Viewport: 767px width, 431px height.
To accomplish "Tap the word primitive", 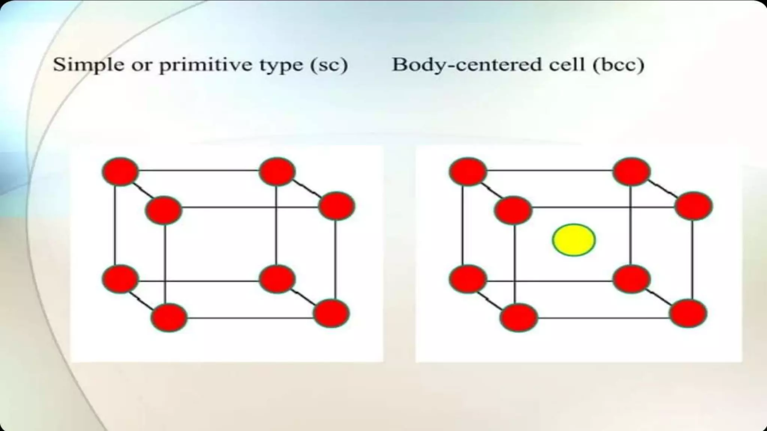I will pyautogui.click(x=206, y=65).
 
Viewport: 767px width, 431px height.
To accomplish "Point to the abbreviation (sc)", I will pyautogui.click(x=329, y=65).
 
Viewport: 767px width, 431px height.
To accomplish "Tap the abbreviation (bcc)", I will pyautogui.click(x=618, y=65).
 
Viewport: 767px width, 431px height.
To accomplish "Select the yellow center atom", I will pyautogui.click(x=574, y=240).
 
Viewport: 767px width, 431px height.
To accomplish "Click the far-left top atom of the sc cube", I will pyautogui.click(x=120, y=171).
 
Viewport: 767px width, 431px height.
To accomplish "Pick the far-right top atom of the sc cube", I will pyautogui.click(x=336, y=206).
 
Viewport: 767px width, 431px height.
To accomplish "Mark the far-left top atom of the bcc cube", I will pyautogui.click(x=468, y=171).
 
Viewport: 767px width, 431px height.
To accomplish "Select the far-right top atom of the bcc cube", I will pyautogui.click(x=694, y=206).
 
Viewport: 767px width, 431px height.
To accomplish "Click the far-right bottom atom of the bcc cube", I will pyautogui.click(x=688, y=314).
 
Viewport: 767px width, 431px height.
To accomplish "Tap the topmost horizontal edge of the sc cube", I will pyautogui.click(x=198, y=171).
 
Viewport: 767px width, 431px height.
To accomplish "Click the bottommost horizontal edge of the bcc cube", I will pyautogui.click(x=603, y=318).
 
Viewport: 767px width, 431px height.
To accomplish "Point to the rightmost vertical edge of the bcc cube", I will pyautogui.click(x=692, y=260).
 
